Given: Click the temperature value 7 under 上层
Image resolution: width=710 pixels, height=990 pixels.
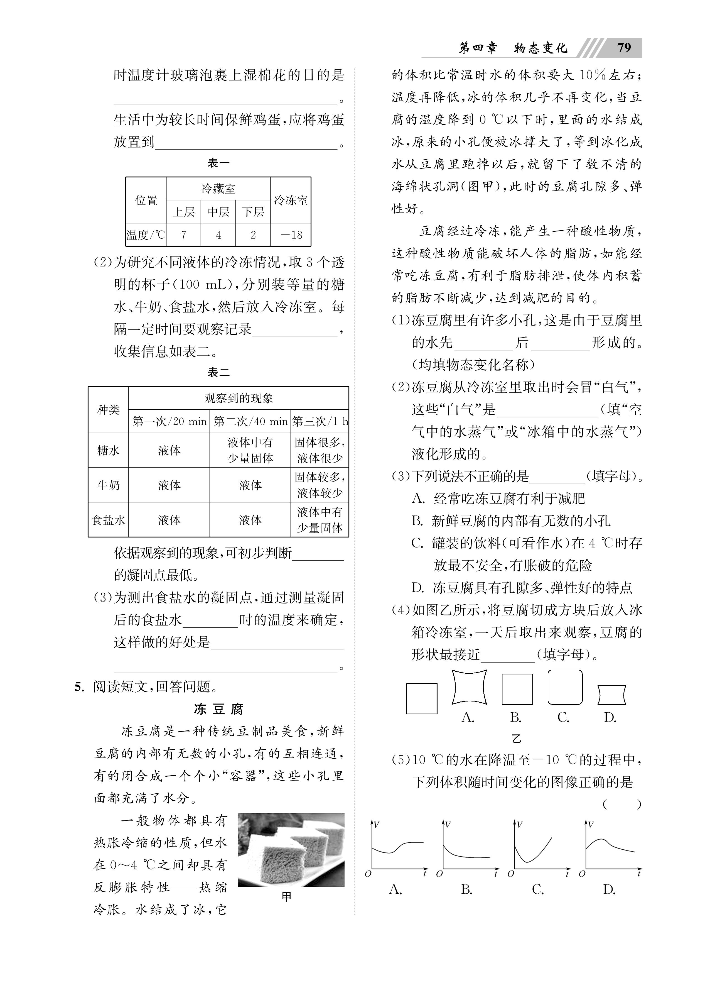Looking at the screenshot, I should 184,235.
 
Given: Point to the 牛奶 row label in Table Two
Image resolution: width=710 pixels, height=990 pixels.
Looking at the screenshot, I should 108,485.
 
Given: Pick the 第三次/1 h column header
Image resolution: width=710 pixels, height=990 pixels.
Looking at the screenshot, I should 320,421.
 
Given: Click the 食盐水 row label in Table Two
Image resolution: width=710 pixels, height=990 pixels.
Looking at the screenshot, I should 108,520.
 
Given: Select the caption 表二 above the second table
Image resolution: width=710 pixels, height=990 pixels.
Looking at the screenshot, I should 218,372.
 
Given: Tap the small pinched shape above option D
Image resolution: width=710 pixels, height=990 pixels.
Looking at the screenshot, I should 612,695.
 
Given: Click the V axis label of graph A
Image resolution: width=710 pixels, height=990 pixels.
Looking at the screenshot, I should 376,825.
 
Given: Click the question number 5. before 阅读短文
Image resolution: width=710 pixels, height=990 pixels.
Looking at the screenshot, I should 79,687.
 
